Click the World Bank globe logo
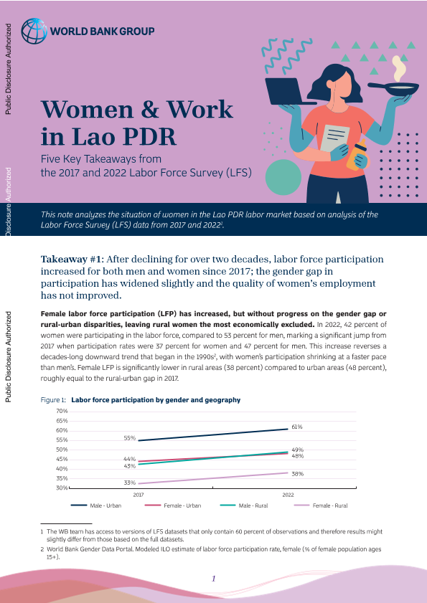[34, 31]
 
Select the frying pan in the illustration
[393, 89]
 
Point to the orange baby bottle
[357, 154]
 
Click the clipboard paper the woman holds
[334, 138]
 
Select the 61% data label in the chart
[297, 427]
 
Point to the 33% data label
[129, 483]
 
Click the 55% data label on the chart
[129, 438]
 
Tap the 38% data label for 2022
[298, 474]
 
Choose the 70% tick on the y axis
[62, 411]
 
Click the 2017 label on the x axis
[139, 495]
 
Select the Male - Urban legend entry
[96, 505]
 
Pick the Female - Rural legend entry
[321, 505]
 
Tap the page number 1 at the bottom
[214, 579]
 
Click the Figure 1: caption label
[54, 400]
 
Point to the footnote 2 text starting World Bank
[211, 553]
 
